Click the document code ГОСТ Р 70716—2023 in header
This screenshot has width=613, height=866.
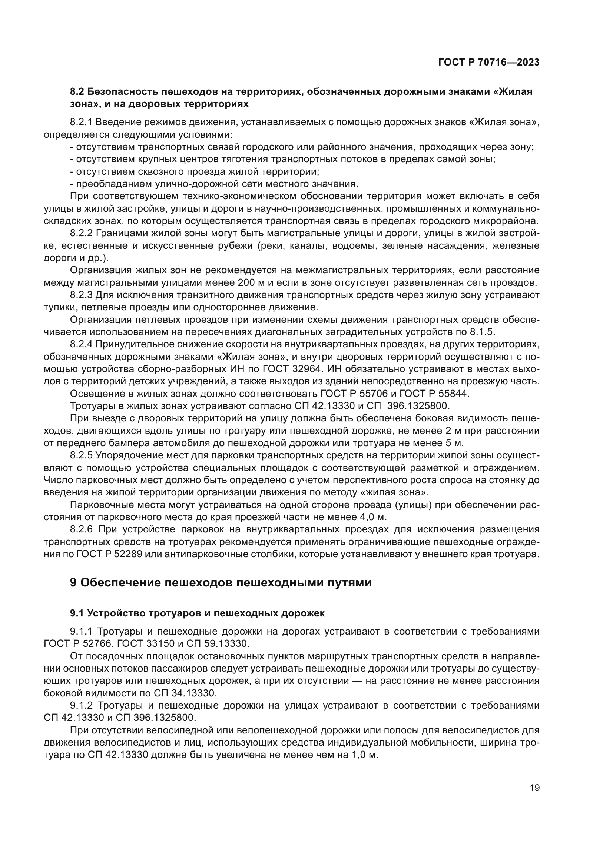click(x=489, y=63)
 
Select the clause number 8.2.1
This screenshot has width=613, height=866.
click(x=81, y=122)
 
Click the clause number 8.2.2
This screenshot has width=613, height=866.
click(x=81, y=234)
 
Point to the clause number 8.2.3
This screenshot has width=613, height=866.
click(x=81, y=295)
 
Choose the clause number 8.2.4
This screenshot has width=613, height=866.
click(x=81, y=344)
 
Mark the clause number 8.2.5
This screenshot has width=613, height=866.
click(x=81, y=455)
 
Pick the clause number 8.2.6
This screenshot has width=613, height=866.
click(x=81, y=529)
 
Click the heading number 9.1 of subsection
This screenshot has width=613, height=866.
click(x=77, y=613)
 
